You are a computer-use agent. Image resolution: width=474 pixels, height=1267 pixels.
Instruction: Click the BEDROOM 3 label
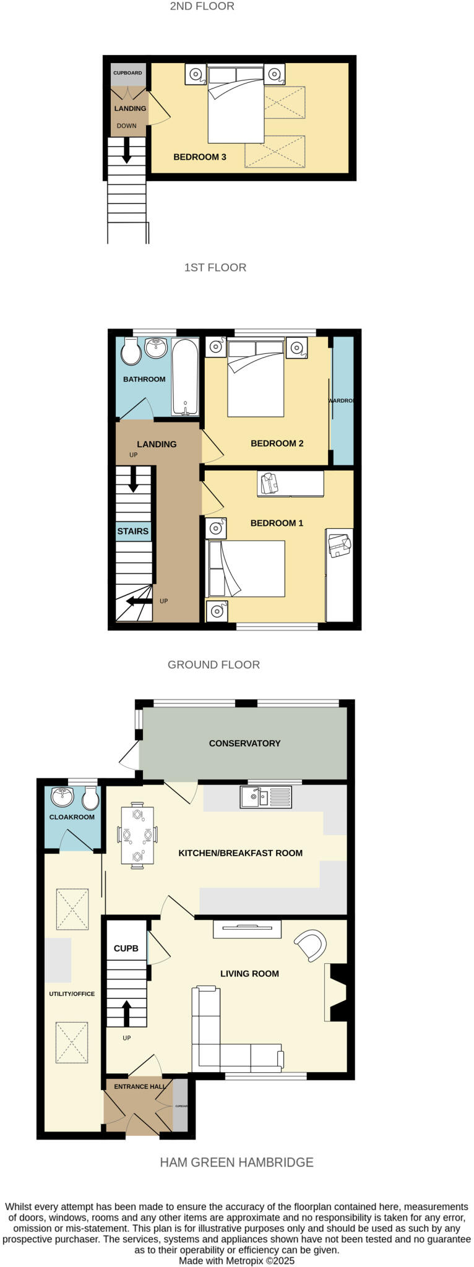199,157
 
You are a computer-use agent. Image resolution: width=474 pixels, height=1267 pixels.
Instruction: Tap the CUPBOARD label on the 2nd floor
127,73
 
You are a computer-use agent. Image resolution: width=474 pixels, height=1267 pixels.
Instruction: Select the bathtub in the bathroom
185,376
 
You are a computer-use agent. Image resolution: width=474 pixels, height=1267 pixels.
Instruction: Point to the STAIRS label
133,531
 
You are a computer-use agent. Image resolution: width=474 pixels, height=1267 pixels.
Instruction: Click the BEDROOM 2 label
277,444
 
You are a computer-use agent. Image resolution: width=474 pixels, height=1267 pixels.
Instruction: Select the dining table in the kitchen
137,835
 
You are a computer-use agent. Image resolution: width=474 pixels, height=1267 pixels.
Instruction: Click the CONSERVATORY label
244,743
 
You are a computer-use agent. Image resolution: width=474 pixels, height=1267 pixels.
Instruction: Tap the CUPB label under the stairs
126,948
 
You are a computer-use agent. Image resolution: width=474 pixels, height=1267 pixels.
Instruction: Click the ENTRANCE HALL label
139,1086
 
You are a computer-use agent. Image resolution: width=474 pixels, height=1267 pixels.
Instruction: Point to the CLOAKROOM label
72,817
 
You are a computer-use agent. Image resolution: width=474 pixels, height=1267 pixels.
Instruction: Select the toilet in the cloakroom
90,798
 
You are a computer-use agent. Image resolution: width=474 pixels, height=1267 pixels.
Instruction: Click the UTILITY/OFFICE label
72,994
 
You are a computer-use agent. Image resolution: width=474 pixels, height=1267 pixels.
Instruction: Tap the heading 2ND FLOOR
202,7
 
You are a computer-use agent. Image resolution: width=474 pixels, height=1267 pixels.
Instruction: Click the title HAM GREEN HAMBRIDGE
236,1162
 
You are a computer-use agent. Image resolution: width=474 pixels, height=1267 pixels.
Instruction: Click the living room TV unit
247,929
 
